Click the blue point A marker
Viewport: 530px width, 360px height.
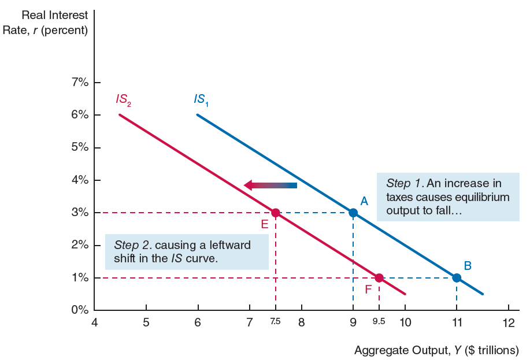point(353,213)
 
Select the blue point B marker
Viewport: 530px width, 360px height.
point(457,278)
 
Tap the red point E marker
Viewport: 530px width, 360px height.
point(276,213)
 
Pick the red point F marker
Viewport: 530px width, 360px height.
point(379,278)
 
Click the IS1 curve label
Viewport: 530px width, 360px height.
point(201,99)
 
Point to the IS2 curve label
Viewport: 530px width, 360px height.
point(123,99)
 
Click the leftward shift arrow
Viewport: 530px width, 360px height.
point(270,185)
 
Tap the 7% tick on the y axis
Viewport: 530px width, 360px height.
point(80,82)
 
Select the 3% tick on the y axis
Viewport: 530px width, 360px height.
point(80,213)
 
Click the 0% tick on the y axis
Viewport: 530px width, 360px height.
point(80,310)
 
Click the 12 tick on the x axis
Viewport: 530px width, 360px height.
point(508,322)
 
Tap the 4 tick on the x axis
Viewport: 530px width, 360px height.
point(95,322)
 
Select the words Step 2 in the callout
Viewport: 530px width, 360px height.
point(130,244)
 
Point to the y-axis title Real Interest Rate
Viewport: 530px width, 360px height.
point(54,22)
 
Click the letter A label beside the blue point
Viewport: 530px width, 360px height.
point(364,201)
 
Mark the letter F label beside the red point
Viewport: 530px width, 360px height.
point(368,288)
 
